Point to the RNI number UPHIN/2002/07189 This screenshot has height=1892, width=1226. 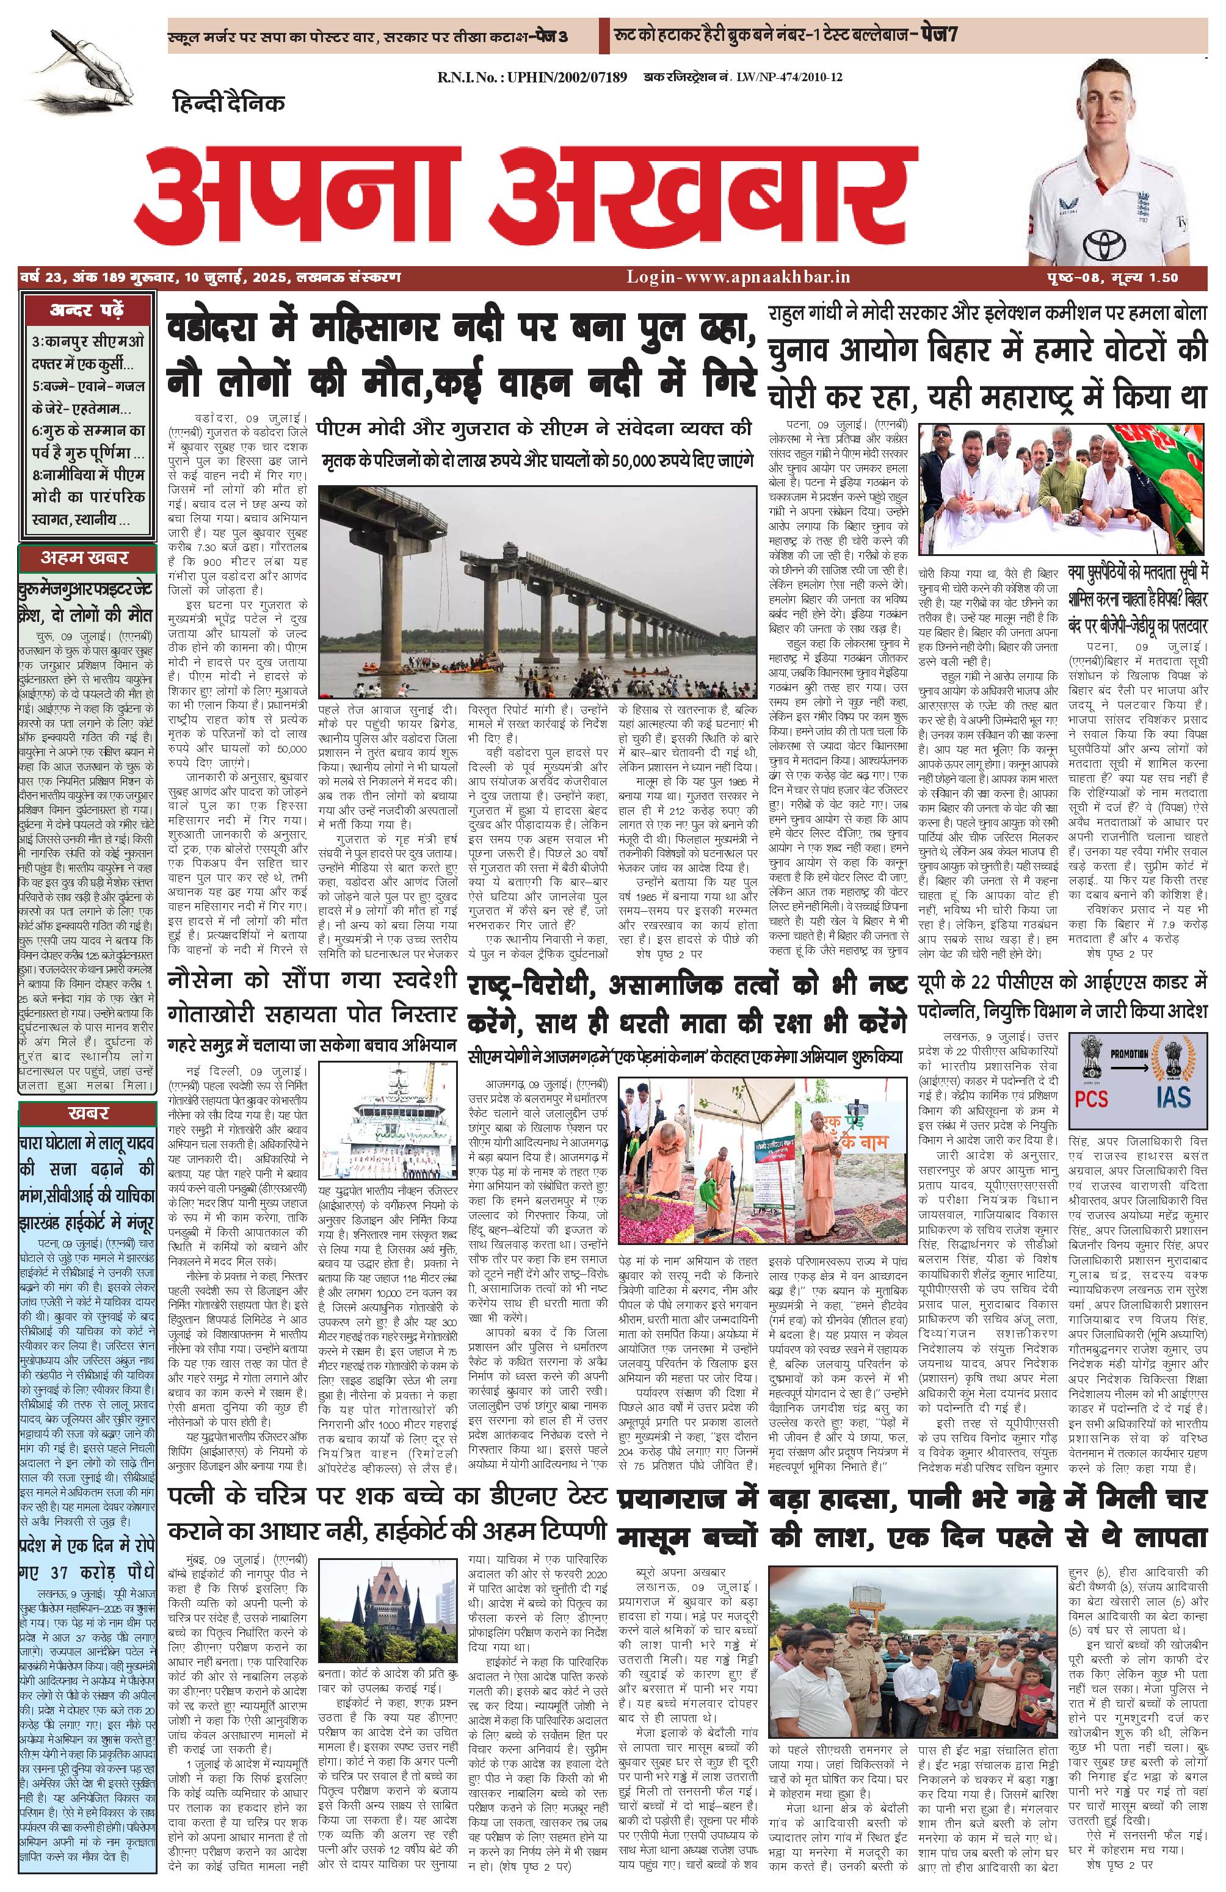click(x=532, y=77)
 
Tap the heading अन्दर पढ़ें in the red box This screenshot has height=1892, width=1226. click(x=87, y=310)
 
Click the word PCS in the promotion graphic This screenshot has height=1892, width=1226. click(x=1092, y=1098)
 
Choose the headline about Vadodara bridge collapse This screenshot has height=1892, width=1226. click(x=460, y=355)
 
